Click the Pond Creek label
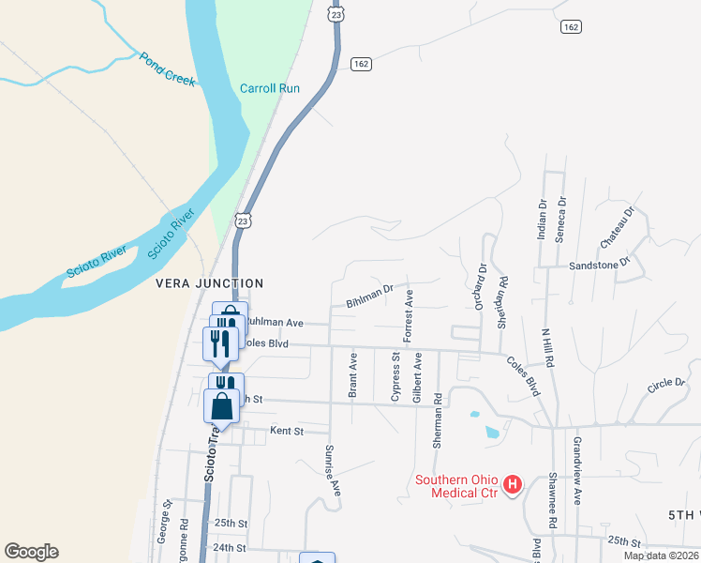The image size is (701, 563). (168, 69)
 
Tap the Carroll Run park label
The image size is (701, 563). (269, 88)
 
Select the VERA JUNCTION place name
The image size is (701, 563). (210, 282)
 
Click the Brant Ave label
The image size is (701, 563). (353, 374)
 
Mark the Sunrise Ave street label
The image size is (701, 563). (332, 469)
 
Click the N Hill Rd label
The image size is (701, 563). (548, 347)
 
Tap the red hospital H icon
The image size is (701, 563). (513, 484)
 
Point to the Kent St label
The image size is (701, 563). (288, 431)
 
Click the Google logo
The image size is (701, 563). (31, 552)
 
